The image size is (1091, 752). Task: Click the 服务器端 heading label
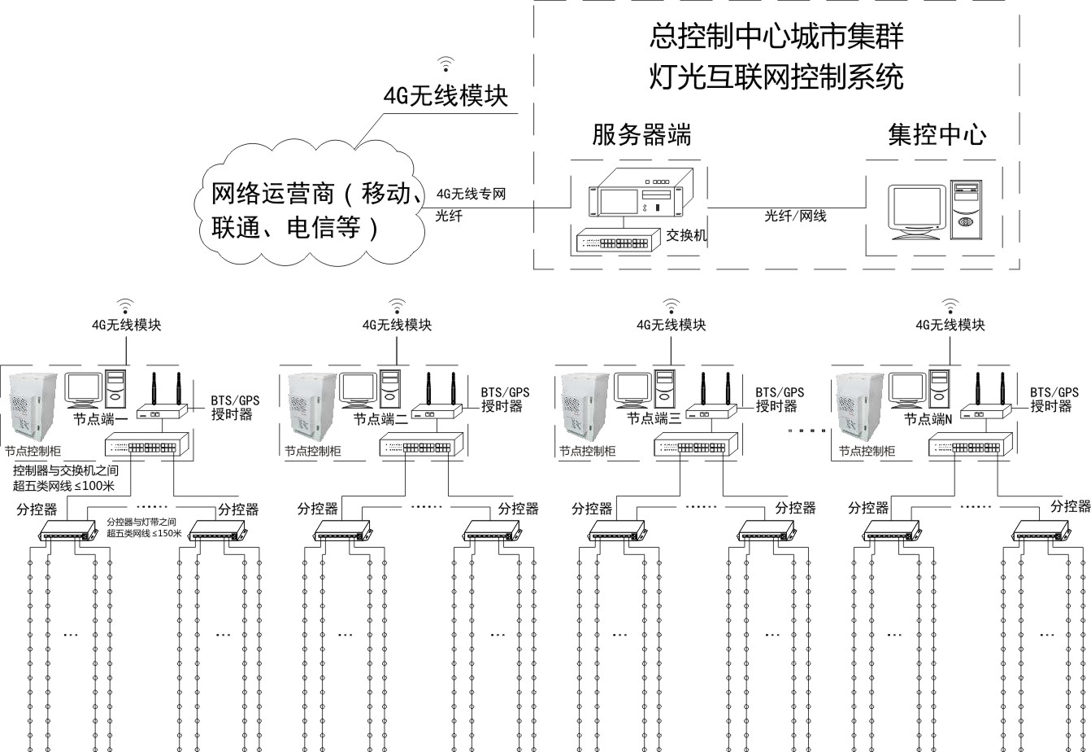pyautogui.click(x=641, y=134)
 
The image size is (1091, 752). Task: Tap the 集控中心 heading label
pyautogui.click(x=937, y=134)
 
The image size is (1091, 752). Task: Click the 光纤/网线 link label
pyautogui.click(x=795, y=216)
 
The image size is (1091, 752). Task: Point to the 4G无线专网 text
pyautogui.click(x=472, y=195)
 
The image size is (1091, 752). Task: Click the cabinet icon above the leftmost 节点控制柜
pyautogui.click(x=33, y=404)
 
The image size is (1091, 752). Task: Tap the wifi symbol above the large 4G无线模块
pyautogui.click(x=445, y=63)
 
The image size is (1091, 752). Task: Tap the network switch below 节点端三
pyautogui.click(x=696, y=446)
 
